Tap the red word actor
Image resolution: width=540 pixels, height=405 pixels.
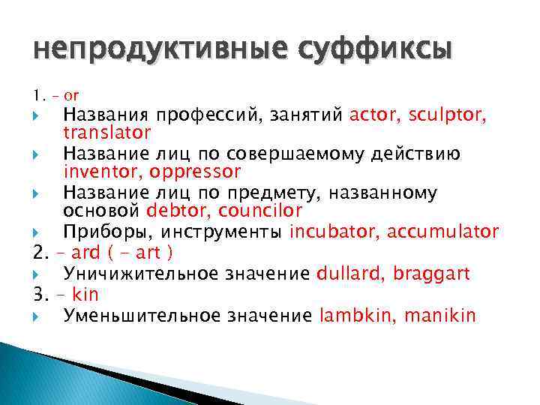[x=375, y=115]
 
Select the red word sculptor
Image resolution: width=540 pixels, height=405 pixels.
[x=448, y=115]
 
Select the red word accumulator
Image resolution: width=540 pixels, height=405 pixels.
[x=442, y=231]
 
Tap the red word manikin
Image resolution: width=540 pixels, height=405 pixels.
[x=439, y=315]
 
